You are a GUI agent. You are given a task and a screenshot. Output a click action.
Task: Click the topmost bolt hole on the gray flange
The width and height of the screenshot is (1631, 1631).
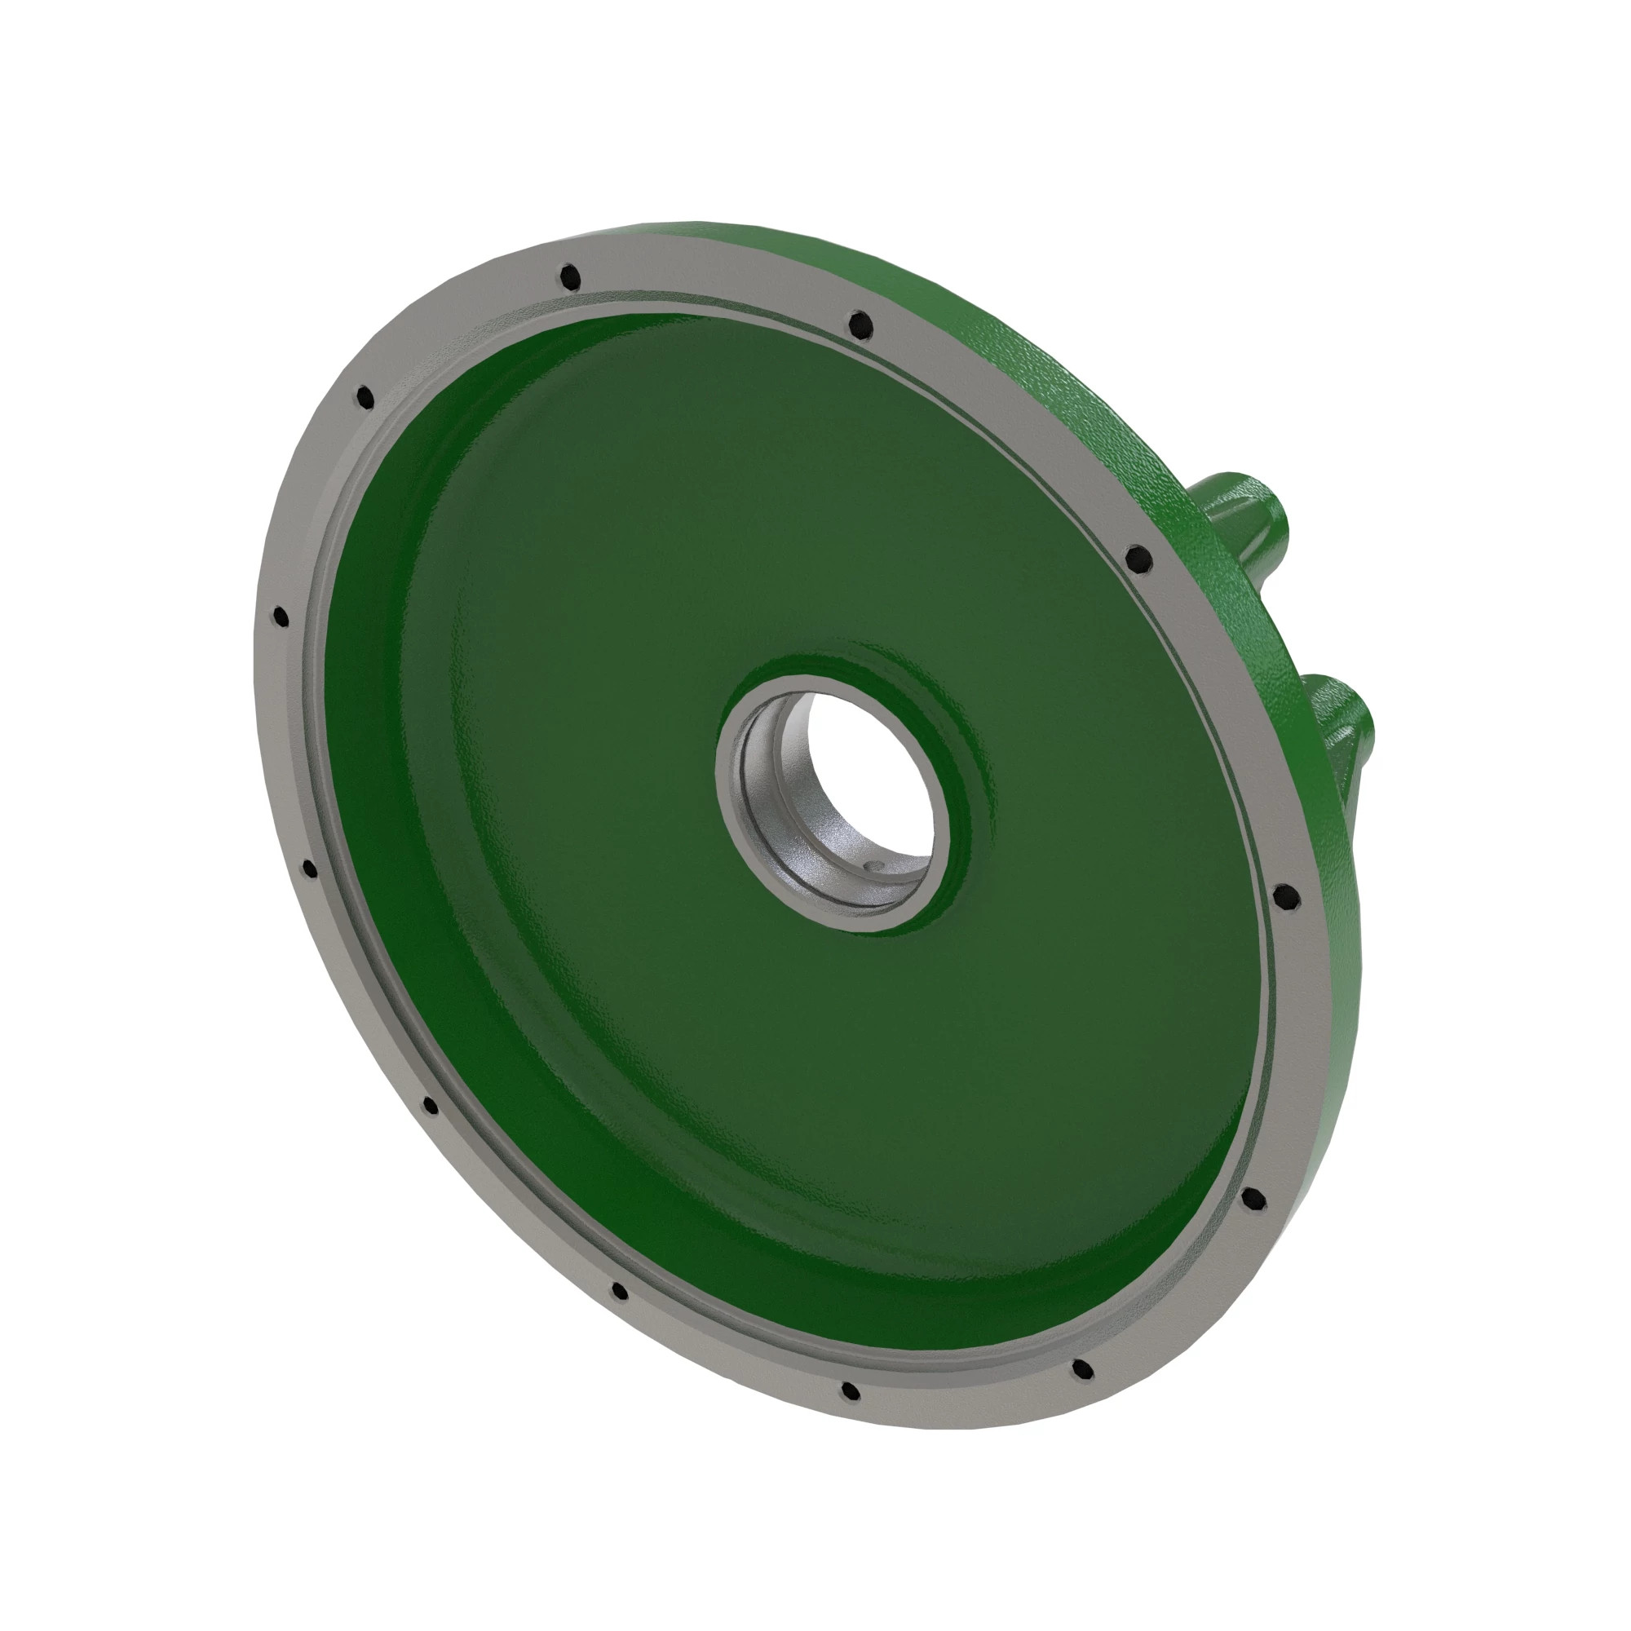[572, 276]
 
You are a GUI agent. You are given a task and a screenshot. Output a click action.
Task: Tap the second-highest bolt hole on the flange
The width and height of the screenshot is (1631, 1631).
[860, 323]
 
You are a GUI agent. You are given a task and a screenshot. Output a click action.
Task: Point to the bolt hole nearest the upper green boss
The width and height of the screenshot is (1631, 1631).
[1138, 557]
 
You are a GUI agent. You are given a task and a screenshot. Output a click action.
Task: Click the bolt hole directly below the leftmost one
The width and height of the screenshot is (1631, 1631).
[309, 869]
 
